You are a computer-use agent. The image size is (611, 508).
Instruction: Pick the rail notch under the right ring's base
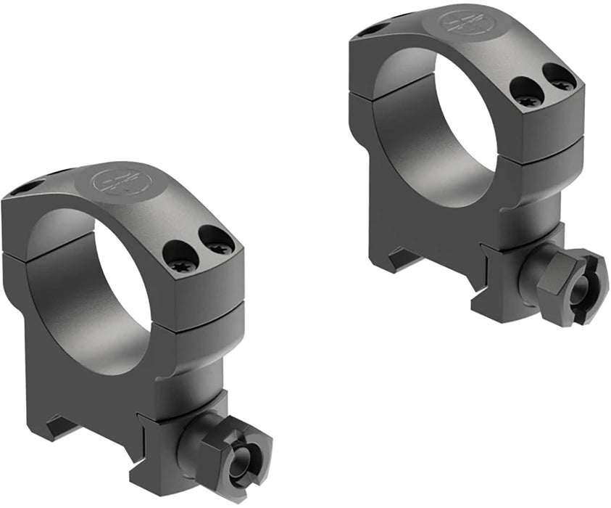point(402,258)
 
